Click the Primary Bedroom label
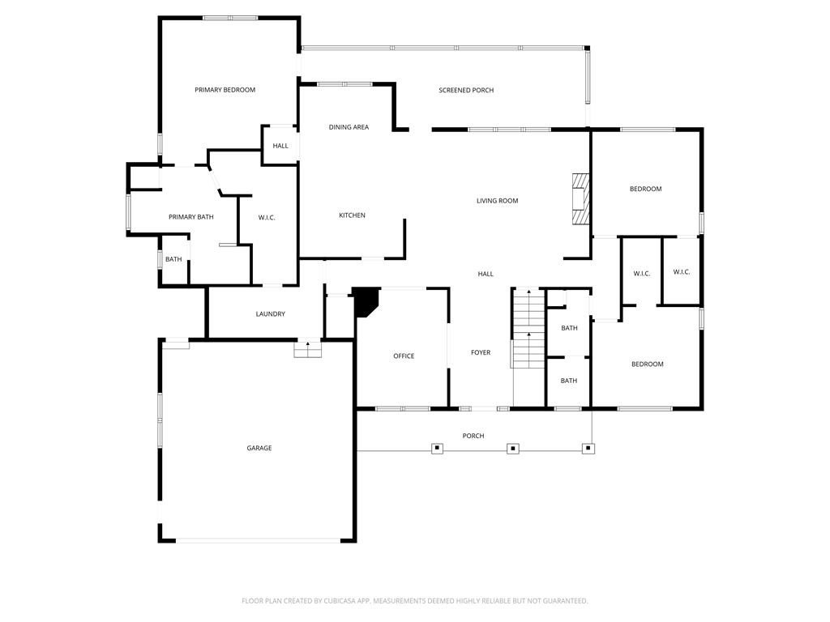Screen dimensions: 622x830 [x=225, y=90]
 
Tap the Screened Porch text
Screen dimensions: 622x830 [x=466, y=90]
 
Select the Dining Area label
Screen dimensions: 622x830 [x=349, y=127]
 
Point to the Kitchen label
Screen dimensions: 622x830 [x=352, y=215]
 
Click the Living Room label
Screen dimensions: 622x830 [x=497, y=201]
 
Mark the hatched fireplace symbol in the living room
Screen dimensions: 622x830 [x=580, y=198]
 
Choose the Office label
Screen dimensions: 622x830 [x=404, y=356]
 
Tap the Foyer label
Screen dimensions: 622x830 [x=481, y=352]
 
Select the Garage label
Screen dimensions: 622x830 [x=259, y=448]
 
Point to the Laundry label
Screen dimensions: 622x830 [x=270, y=314]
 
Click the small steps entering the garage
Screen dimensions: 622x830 [x=307, y=349]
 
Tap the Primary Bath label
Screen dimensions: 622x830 [x=191, y=217]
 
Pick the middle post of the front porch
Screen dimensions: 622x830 [x=512, y=448]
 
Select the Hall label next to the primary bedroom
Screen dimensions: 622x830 [x=280, y=146]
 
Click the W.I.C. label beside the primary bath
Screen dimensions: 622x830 [x=267, y=217]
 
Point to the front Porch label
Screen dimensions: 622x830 [x=473, y=436]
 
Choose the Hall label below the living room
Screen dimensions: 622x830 [x=486, y=274]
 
